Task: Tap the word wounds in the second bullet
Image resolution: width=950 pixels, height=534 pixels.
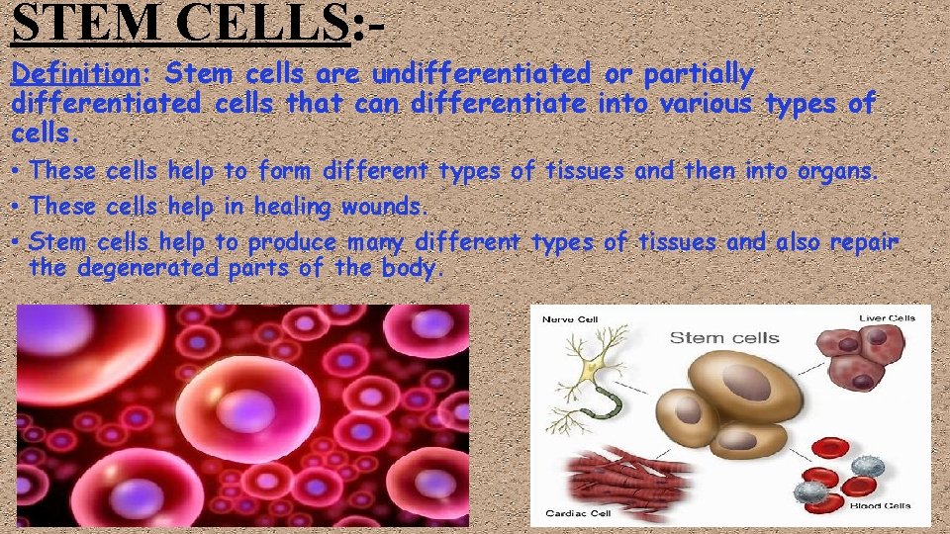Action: click(385, 207)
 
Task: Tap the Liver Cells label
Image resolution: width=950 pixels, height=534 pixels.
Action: click(886, 317)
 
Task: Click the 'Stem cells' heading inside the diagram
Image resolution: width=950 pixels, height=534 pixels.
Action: click(724, 338)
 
